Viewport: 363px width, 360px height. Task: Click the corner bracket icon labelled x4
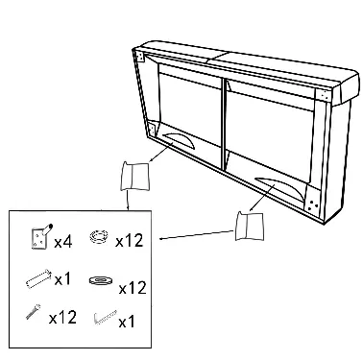[x=39, y=237]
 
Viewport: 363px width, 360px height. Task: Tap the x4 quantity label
[x=63, y=242]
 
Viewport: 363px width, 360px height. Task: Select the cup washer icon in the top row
[x=98, y=236]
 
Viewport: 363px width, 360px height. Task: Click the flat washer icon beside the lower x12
[x=100, y=280]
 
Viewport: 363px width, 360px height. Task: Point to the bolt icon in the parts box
[x=34, y=311]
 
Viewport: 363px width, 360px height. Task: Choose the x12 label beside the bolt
[x=62, y=318]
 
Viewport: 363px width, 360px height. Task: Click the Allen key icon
[x=106, y=317]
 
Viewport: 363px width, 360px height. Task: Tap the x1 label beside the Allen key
[x=127, y=322]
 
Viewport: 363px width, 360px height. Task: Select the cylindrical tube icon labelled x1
[x=38, y=278]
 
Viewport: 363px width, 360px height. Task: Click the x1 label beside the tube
[x=62, y=279]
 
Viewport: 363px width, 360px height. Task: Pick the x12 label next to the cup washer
[x=130, y=241]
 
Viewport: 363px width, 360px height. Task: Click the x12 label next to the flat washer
[x=133, y=288]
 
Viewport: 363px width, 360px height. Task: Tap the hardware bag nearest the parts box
[x=134, y=177]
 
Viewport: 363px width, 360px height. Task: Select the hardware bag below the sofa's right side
[x=250, y=226]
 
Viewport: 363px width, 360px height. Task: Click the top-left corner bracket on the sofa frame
[x=140, y=57]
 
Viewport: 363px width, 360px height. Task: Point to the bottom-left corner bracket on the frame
[x=151, y=130]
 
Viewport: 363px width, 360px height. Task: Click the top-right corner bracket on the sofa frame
[x=324, y=95]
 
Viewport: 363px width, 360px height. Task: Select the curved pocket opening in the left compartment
[x=179, y=140]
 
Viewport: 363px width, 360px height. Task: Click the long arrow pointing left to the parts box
[x=197, y=234]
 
